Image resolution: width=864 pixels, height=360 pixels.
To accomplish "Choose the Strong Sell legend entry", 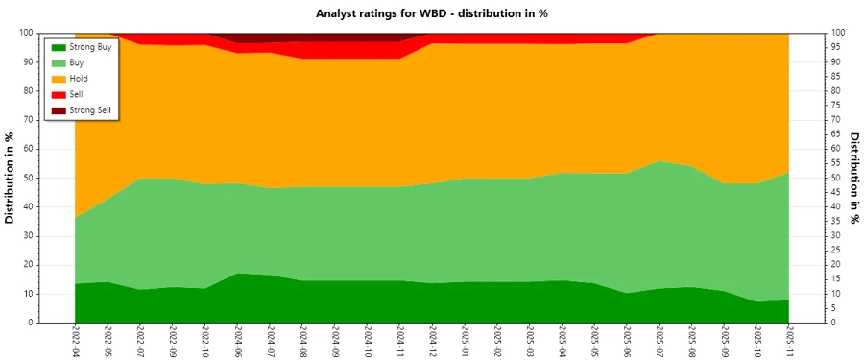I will pyautogui.click(x=91, y=110).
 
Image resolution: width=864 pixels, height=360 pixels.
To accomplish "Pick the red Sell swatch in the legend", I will pyautogui.click(x=59, y=94).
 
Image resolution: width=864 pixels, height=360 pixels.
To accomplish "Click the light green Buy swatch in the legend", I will pyautogui.click(x=59, y=62).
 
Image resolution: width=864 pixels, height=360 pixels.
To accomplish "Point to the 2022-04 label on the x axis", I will pyautogui.click(x=75, y=341).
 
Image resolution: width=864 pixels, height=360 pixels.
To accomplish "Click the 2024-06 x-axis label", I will pyautogui.click(x=237, y=341).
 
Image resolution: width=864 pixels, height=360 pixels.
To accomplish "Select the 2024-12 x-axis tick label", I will pyautogui.click(x=432, y=341).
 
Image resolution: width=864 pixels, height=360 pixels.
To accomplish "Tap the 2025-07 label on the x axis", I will pyautogui.click(x=660, y=341).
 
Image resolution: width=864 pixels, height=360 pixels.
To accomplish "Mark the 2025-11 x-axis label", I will pyautogui.click(x=789, y=341).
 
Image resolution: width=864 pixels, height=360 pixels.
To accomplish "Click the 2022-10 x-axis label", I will pyautogui.click(x=204, y=341).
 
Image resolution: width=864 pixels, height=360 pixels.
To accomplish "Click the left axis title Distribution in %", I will pyautogui.click(x=11, y=178).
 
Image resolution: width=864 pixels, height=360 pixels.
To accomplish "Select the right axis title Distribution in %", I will pyautogui.click(x=853, y=178).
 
